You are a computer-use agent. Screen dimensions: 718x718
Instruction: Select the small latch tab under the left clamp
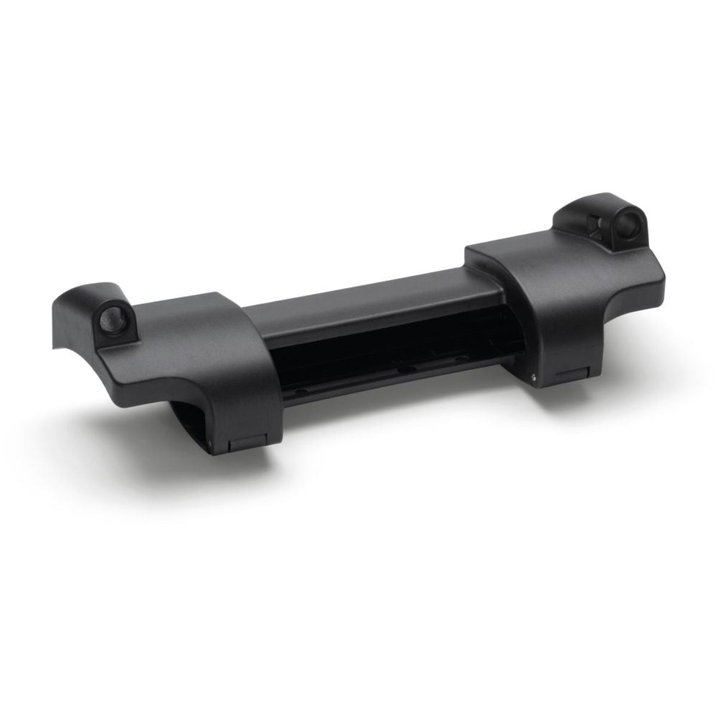pyautogui.click(x=244, y=444)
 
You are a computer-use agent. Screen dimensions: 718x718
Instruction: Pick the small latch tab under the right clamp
pyautogui.click(x=567, y=375)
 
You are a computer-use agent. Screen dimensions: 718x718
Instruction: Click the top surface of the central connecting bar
pyautogui.click(x=359, y=293)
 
